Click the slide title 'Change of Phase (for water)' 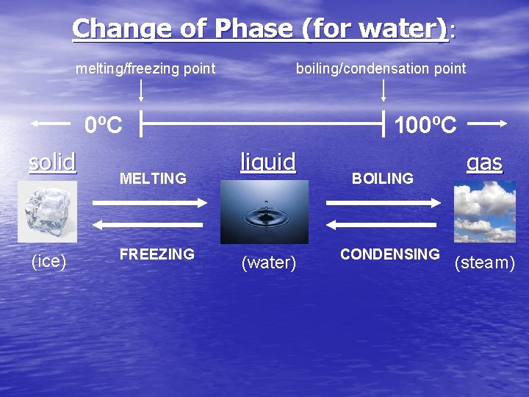coord(263,29)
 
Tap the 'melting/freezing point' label coord(146,69)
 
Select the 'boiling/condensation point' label coord(381,69)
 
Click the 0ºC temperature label coord(103,125)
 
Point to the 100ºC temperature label coord(425,125)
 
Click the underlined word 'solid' coord(52,161)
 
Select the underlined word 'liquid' coord(268,161)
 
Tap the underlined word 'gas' coord(484,162)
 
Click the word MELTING coord(153,179)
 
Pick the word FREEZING coord(157,254)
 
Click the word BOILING coord(383,179)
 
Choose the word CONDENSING coord(389,254)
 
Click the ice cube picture coord(47,212)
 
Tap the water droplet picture coord(264,212)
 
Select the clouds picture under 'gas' coord(484,211)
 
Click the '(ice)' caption coord(49,261)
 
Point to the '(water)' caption coord(268,263)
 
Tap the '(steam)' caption coord(484,263)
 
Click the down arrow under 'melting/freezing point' coord(142,90)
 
